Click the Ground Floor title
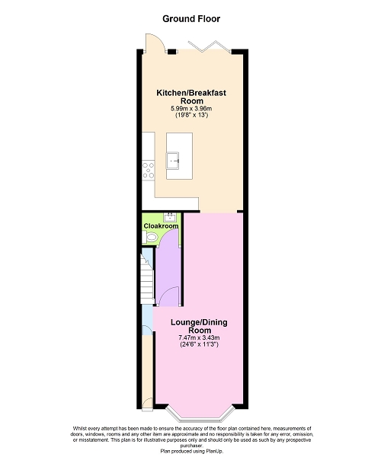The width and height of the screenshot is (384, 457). click(x=191, y=19)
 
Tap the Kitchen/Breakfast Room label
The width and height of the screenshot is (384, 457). click(x=191, y=97)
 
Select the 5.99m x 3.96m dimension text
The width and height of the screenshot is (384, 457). click(x=191, y=108)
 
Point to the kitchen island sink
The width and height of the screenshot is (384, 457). click(x=173, y=160)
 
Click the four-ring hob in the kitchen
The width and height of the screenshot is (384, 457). click(x=148, y=170)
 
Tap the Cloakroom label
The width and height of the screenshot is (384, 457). click(x=161, y=226)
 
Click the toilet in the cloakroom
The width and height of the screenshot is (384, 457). click(x=150, y=237)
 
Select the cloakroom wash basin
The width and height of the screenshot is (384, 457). click(x=170, y=217)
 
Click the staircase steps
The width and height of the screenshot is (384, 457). click(x=147, y=280)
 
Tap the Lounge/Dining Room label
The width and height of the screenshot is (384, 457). click(x=199, y=327)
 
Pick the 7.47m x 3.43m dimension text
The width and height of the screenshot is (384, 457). click(x=199, y=337)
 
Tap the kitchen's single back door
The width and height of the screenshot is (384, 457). click(x=155, y=43)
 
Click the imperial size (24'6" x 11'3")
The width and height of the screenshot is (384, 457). click(x=199, y=344)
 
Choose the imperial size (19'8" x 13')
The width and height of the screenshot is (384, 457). click(x=191, y=115)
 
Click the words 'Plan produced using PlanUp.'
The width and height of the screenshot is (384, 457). click(x=192, y=451)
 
